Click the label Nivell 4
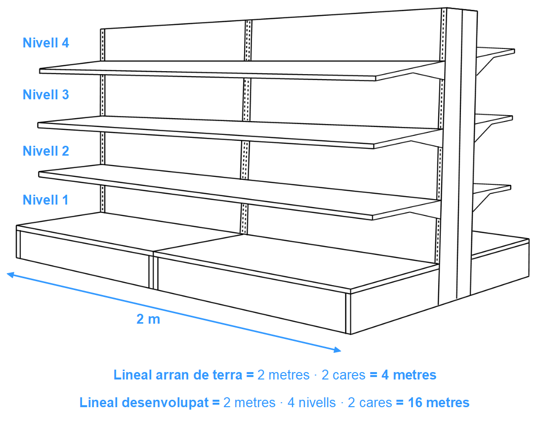pos(46,43)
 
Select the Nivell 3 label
pos(46,94)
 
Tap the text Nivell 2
pos(46,151)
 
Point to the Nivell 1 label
pos(45,200)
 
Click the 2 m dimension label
pos(148,319)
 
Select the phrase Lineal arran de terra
pos(178,375)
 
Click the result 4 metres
pos(409,375)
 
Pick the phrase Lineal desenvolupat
pos(144,402)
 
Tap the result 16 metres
pos(439,402)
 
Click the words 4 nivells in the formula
pos(311,402)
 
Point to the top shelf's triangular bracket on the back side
pos(485,66)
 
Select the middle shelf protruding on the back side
pos(494,120)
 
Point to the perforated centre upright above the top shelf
pos(248,41)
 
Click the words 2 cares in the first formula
pos(343,375)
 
